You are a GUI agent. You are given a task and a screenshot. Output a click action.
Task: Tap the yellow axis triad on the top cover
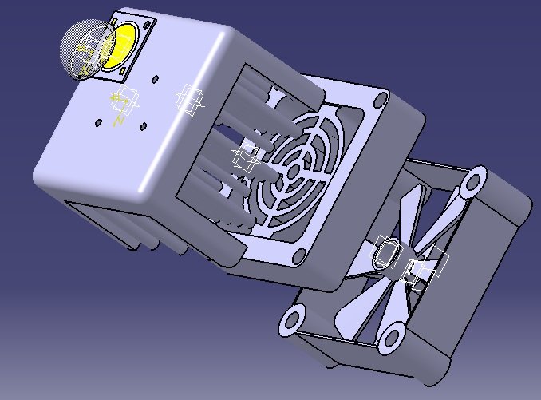[121, 105]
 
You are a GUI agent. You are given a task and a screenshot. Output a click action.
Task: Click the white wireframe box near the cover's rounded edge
[190, 98]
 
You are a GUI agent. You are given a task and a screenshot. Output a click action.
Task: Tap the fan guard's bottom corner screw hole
[299, 255]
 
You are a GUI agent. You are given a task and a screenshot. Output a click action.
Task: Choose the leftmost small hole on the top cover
[98, 122]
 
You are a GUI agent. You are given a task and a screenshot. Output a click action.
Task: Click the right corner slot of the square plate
[145, 26]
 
